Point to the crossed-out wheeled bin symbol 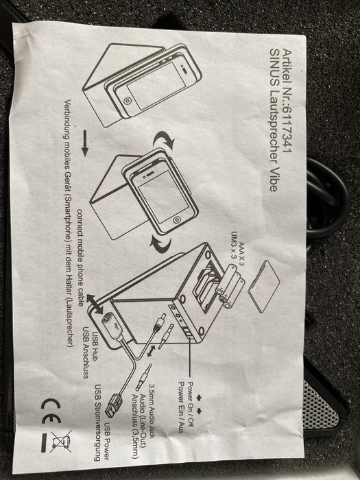click(62, 441)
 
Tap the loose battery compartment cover click(264, 286)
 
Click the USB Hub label click(95, 346)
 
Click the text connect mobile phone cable click(80, 257)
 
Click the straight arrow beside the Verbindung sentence click(85, 143)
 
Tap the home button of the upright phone click(176, 220)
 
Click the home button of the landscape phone click(127, 100)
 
